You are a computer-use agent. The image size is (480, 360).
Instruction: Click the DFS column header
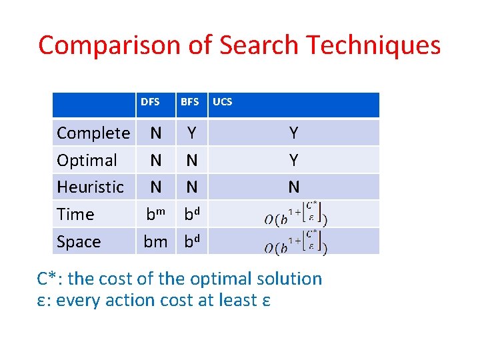(150, 102)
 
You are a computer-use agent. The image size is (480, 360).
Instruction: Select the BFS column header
(189, 102)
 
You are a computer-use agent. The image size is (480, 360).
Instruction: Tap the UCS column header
(222, 102)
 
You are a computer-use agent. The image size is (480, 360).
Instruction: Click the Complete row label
(93, 133)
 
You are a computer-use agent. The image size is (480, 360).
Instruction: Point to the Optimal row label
(87, 161)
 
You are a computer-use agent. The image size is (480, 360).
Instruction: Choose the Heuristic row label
(90, 187)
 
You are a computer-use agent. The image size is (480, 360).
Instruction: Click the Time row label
(75, 215)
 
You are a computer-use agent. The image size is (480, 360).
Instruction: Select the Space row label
(79, 242)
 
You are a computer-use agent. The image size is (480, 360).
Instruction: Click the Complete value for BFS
(192, 133)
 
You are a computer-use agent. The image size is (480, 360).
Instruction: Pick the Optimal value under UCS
(293, 161)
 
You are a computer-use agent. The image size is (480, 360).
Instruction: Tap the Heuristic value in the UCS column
(293, 187)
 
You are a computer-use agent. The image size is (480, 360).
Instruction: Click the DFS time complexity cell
(156, 215)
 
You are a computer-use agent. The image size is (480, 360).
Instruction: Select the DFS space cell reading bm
(155, 242)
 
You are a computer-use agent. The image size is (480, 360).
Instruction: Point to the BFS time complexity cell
(192, 215)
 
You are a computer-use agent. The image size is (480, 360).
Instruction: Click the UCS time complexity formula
(295, 214)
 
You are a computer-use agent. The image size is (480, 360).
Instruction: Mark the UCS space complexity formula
(295, 242)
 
